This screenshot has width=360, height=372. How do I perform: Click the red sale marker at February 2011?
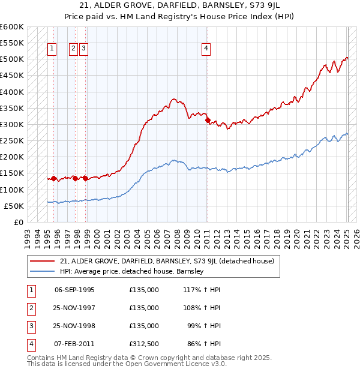coord(208,121)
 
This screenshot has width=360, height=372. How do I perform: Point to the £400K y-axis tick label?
coord(12,92)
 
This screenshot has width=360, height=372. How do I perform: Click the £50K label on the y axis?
coord(14,206)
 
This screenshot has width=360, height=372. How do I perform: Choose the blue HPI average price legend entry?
coord(132,271)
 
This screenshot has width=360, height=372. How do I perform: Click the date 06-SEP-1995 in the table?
coord(74,290)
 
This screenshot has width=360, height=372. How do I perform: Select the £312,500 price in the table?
coord(144,344)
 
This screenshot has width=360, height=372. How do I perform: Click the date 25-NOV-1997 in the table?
coord(74,308)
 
